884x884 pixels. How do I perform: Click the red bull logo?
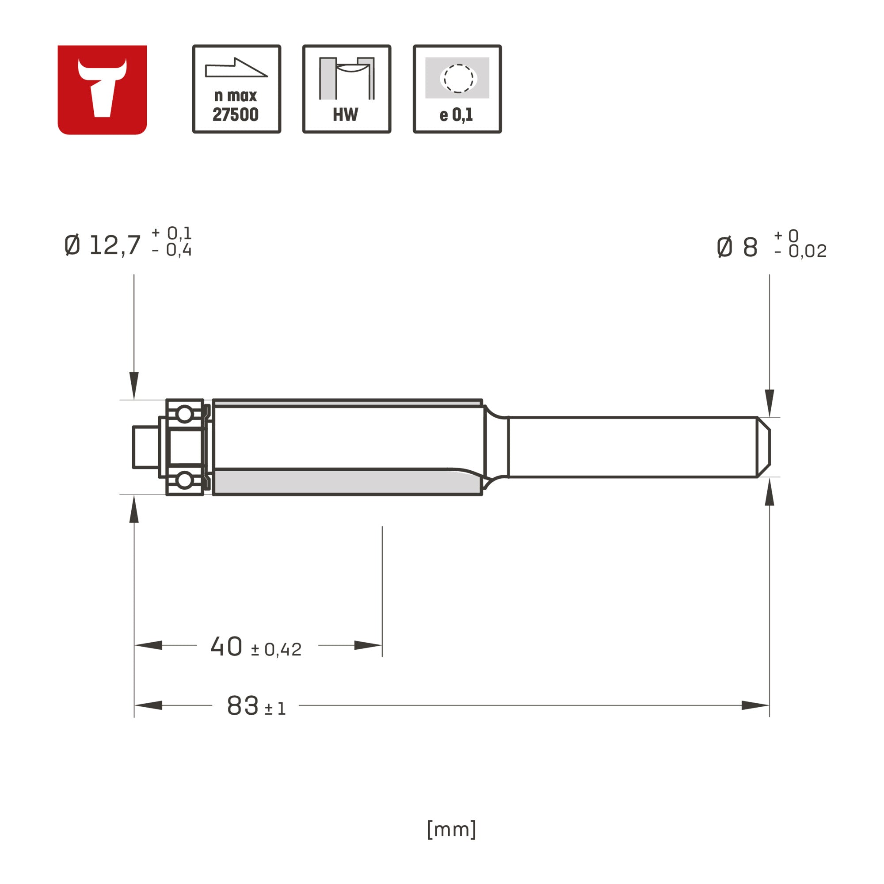point(102,90)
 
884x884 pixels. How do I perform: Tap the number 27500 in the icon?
point(236,114)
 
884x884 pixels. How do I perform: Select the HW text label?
point(346,114)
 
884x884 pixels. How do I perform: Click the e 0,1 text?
point(456,115)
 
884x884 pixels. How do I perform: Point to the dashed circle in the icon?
point(458,78)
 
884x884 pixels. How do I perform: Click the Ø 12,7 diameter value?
point(103,245)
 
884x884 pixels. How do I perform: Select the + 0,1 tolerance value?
point(172,233)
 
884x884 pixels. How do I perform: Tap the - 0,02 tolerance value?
point(801,251)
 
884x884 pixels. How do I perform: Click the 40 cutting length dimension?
point(226,647)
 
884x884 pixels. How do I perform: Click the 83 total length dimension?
point(243,705)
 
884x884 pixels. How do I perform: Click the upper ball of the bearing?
point(184,414)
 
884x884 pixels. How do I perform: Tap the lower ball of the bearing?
point(184,480)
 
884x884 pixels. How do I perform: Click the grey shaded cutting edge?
point(339,482)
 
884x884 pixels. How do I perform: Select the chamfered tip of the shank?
point(764,447)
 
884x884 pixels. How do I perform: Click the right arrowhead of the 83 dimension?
point(755,705)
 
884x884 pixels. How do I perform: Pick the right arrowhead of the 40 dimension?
point(368,645)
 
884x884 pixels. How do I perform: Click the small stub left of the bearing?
point(145,447)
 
